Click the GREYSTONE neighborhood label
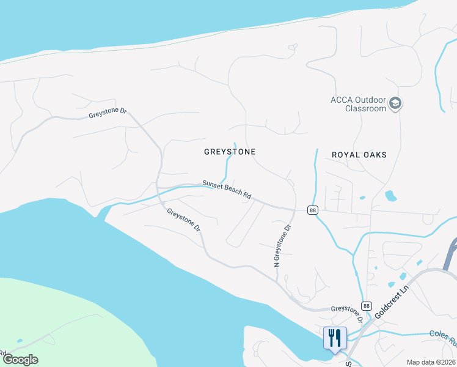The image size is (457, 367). click(x=230, y=151)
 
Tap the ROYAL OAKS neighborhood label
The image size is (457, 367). click(x=359, y=155)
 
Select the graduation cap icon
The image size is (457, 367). click(x=395, y=103)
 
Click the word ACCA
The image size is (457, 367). click(x=342, y=100)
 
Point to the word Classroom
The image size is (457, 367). click(x=366, y=108)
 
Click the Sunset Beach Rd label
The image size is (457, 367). click(x=227, y=189)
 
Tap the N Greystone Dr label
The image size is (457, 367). click(x=282, y=245)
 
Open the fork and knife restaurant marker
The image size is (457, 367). click(x=335, y=337)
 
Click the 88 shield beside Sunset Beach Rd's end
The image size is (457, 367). click(x=313, y=210)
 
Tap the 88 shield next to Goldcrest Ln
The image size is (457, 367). click(x=366, y=306)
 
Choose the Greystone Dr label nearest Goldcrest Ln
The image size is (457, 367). click(x=347, y=315)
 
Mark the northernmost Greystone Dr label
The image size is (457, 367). click(x=107, y=113)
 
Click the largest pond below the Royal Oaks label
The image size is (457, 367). click(x=390, y=196)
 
